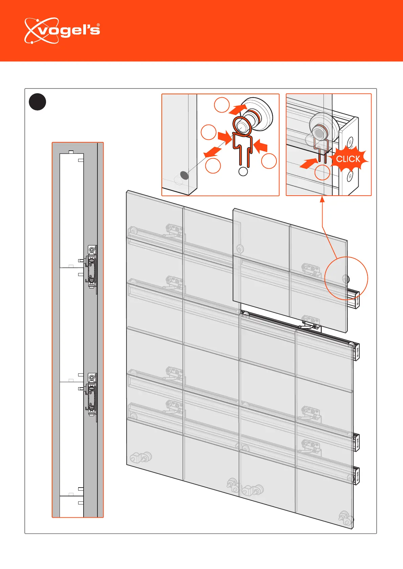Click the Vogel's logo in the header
point(62,31)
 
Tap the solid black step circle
point(37,102)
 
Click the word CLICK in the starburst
point(348,159)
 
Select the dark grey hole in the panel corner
point(184,175)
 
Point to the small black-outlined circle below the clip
point(243,172)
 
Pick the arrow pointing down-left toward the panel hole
point(212,152)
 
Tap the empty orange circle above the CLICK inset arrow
point(322,172)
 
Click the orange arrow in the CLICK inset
point(309,164)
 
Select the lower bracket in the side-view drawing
point(92,394)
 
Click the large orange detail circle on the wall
point(346,278)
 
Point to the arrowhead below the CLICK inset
point(322,199)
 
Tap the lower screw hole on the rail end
point(350,175)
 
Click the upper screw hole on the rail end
point(351,142)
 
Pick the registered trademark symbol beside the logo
point(98,25)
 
